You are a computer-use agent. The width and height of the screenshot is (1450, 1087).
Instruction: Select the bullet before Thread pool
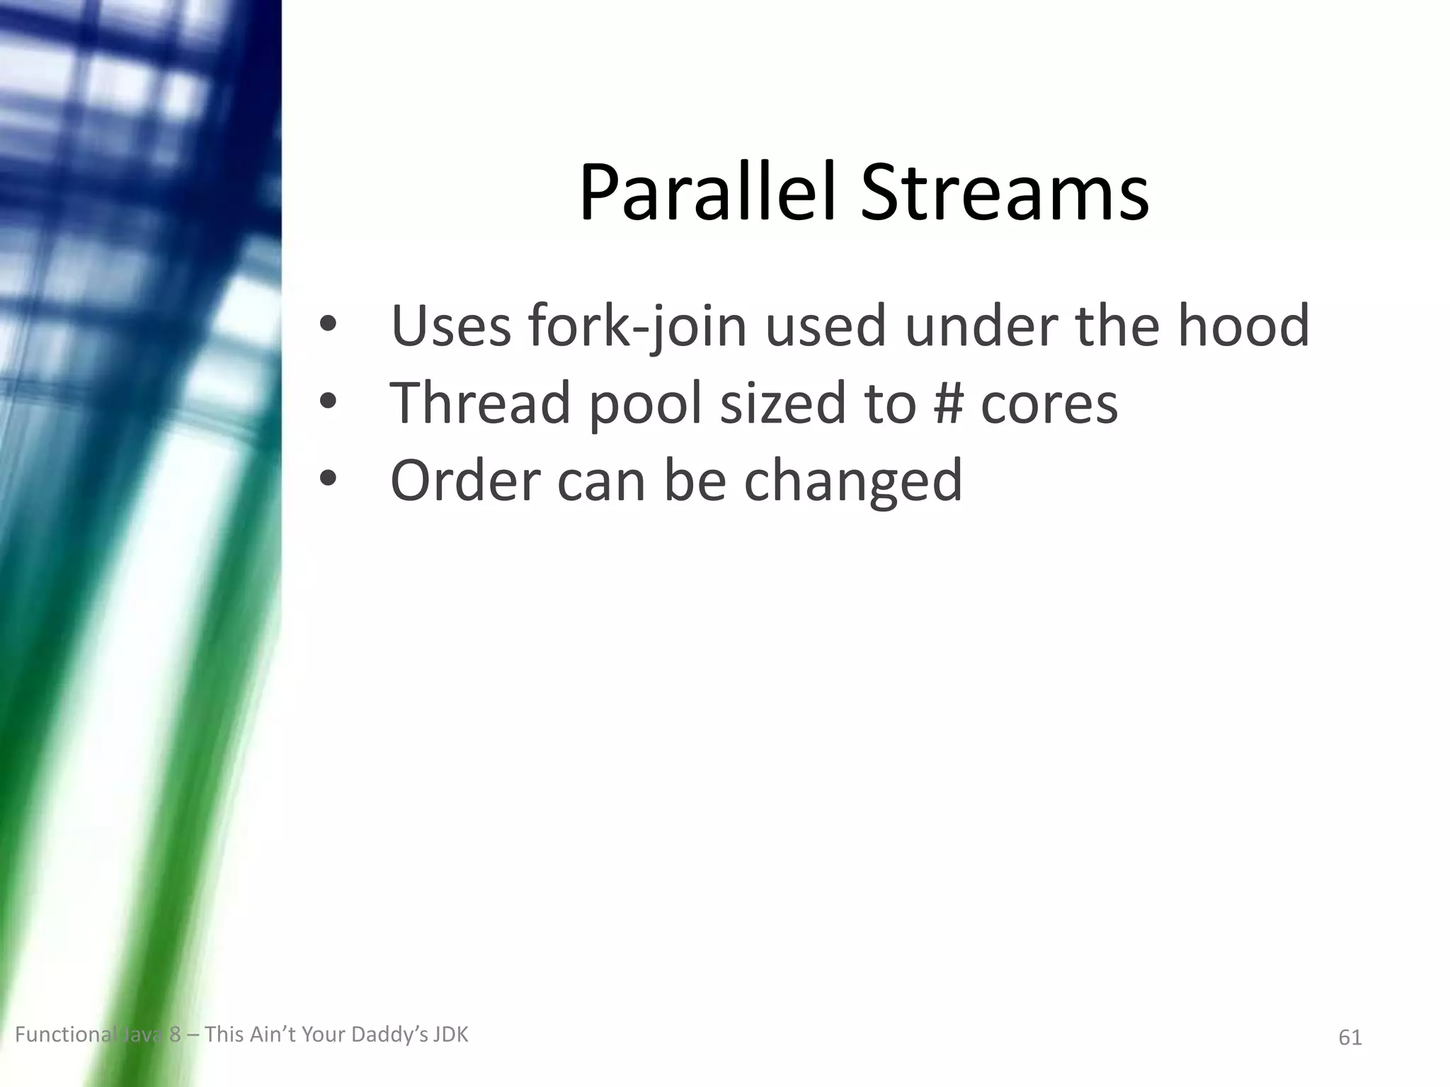pyautogui.click(x=328, y=402)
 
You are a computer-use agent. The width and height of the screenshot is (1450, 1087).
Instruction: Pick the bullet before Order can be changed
pyautogui.click(x=328, y=479)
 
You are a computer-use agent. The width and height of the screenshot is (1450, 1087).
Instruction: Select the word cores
pyautogui.click(x=1049, y=403)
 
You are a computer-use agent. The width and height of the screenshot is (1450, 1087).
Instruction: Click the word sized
pyautogui.click(x=783, y=403)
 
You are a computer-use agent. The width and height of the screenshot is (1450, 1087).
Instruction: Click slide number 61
pyautogui.click(x=1350, y=1037)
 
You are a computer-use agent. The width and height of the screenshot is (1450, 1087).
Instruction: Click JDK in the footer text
pyautogui.click(x=450, y=1035)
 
